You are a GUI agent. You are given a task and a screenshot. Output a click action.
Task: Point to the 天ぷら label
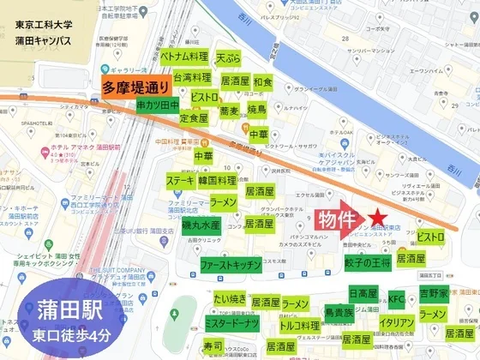229,57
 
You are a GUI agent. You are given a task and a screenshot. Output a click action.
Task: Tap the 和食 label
262,82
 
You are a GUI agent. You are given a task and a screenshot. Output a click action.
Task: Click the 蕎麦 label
229,111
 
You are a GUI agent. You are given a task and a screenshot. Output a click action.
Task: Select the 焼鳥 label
258,111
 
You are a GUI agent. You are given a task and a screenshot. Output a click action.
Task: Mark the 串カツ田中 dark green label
158,105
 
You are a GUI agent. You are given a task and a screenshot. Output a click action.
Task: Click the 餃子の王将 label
367,261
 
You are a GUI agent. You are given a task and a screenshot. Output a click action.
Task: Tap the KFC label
395,298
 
